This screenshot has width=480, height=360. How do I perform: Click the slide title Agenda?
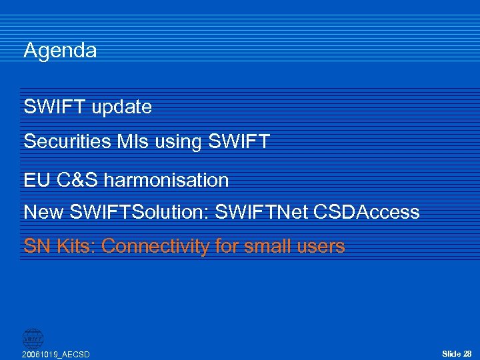click(60, 51)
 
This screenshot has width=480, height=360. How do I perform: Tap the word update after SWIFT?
click(122, 107)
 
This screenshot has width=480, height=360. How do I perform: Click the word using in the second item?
click(180, 142)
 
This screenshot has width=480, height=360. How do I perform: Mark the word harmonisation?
click(167, 180)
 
